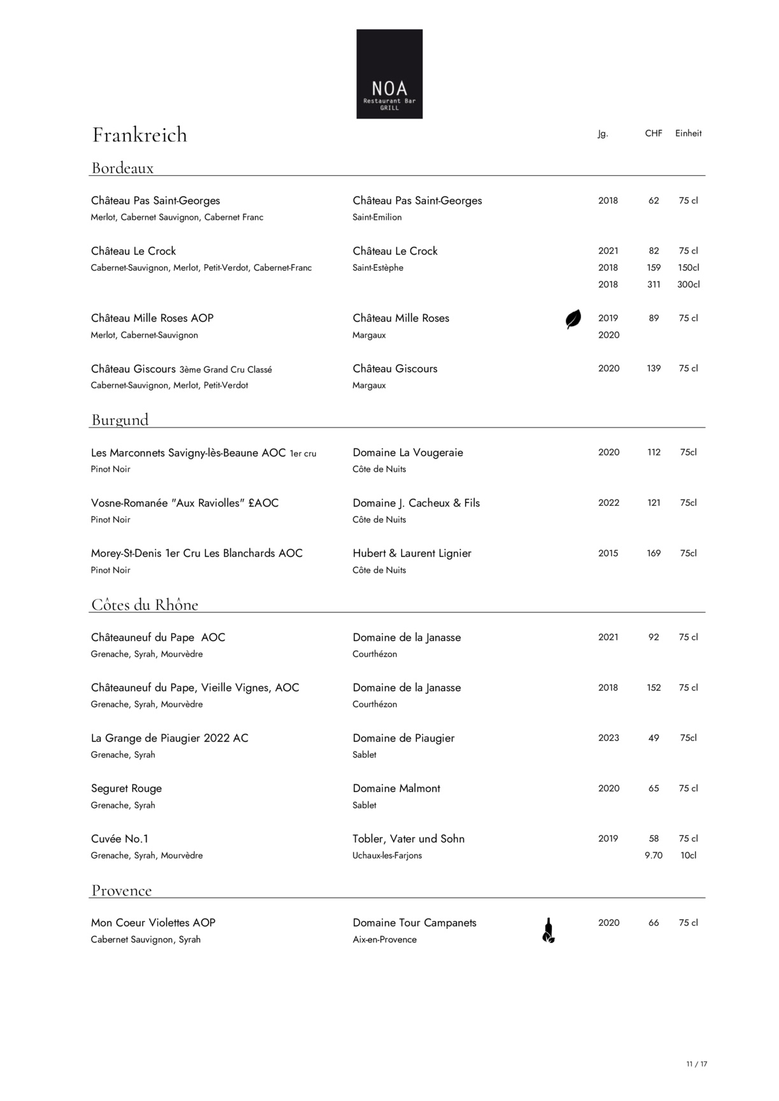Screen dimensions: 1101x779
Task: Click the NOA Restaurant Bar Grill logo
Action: [x=389, y=74]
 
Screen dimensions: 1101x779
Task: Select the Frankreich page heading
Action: [x=140, y=135]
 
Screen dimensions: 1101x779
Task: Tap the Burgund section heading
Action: [x=120, y=420]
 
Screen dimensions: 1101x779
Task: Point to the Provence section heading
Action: [x=122, y=891]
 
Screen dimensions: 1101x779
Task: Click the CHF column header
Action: [x=653, y=133]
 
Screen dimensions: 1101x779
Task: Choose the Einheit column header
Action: [x=688, y=133]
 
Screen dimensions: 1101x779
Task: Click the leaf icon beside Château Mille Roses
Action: [x=573, y=319]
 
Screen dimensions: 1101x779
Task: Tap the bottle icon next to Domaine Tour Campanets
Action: [x=548, y=930]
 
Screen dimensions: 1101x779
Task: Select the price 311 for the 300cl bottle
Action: [x=654, y=285]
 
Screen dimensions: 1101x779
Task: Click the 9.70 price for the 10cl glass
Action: [x=653, y=856]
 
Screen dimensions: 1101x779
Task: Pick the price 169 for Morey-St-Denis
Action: [x=654, y=554]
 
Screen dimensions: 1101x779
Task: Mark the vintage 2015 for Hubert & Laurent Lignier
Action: [x=608, y=554]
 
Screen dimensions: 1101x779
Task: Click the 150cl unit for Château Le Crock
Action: [x=688, y=268]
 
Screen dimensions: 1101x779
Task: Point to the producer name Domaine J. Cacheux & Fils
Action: [x=416, y=503]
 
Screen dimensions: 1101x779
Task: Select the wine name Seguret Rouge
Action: [x=126, y=789]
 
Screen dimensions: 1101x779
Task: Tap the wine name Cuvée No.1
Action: [x=120, y=839]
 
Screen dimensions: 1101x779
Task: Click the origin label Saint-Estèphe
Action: [x=378, y=268]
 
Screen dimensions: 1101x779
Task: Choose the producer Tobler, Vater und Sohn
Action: [x=409, y=839]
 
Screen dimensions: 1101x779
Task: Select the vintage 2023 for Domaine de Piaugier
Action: [x=609, y=738]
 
